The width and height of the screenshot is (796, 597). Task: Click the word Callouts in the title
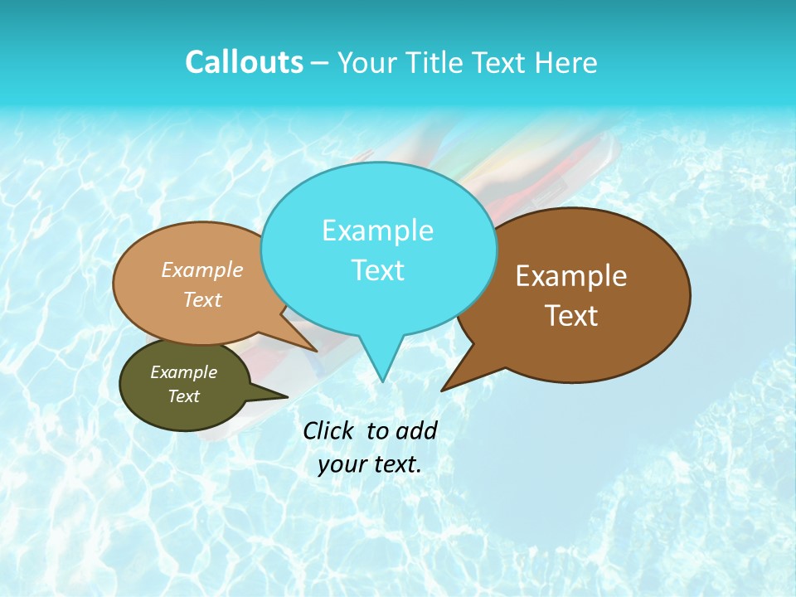point(244,62)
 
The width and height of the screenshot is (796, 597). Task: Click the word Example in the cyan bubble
point(377,231)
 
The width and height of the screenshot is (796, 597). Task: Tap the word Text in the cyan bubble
point(377,270)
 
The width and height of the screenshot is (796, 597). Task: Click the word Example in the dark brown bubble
point(571,276)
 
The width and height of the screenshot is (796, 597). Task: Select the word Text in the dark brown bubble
point(571,316)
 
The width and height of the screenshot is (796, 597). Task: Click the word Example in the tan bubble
point(202,269)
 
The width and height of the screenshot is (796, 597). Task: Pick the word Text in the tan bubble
point(202,299)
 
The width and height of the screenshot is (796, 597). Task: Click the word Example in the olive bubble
point(183,372)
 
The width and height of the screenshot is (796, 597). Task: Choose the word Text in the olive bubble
point(183,396)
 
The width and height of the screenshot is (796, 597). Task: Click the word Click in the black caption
point(329,430)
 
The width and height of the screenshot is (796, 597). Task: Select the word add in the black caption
point(417,430)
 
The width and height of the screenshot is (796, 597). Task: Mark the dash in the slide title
point(321,63)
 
